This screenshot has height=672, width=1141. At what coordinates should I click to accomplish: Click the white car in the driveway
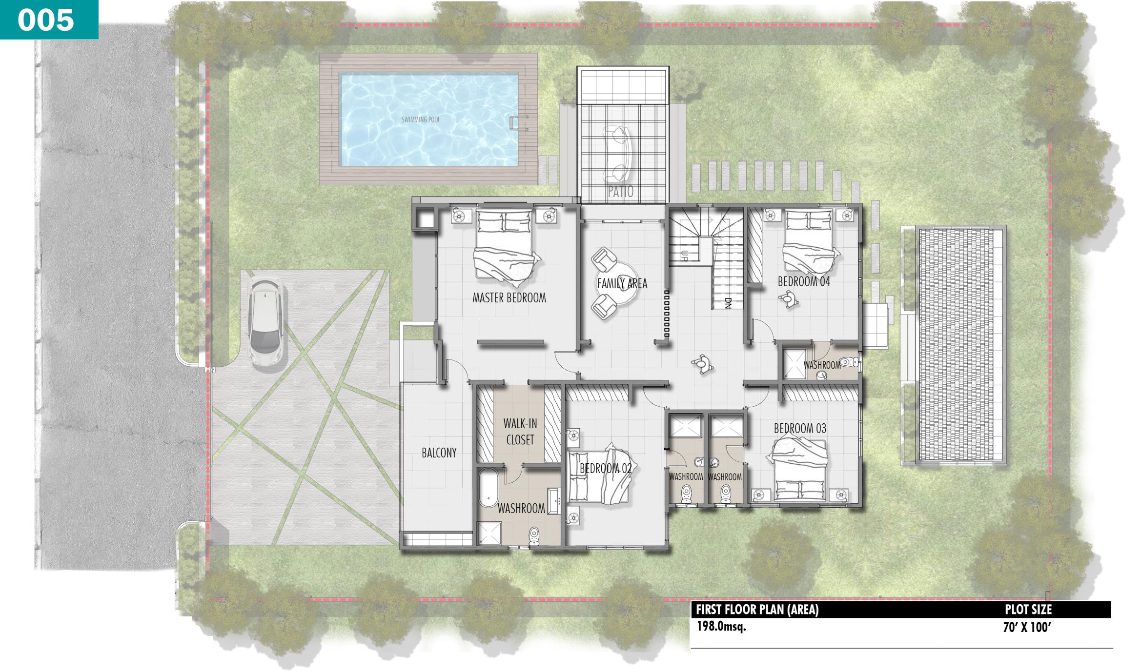click(x=265, y=321)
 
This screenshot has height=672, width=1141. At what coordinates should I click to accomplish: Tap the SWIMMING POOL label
click(x=421, y=119)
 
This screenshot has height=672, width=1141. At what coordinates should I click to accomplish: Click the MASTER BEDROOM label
click(x=509, y=298)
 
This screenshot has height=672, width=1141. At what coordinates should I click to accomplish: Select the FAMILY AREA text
click(x=622, y=283)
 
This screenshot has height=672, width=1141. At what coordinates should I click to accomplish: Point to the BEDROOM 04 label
click(x=804, y=281)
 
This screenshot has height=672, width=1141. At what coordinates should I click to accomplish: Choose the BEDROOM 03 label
click(x=800, y=429)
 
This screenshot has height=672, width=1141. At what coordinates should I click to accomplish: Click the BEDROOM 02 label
click(x=606, y=469)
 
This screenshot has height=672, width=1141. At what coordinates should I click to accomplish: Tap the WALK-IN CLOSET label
click(x=520, y=432)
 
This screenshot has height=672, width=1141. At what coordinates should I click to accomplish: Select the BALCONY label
click(x=439, y=453)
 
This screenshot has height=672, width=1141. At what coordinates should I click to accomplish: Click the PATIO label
click(x=621, y=192)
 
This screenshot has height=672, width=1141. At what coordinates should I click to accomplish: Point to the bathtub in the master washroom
click(x=488, y=488)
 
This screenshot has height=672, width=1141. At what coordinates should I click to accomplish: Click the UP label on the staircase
click(x=684, y=256)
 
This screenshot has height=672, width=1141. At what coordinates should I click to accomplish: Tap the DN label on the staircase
click(x=727, y=303)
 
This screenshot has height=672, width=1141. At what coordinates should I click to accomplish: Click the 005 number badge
click(x=46, y=20)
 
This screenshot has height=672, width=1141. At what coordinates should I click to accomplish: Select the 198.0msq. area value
click(x=721, y=627)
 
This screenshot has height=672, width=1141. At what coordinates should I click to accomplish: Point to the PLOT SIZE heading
click(x=1028, y=610)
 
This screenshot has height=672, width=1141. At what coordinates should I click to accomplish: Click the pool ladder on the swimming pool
click(x=518, y=123)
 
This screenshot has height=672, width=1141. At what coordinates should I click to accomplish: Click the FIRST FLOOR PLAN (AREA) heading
click(x=757, y=610)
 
